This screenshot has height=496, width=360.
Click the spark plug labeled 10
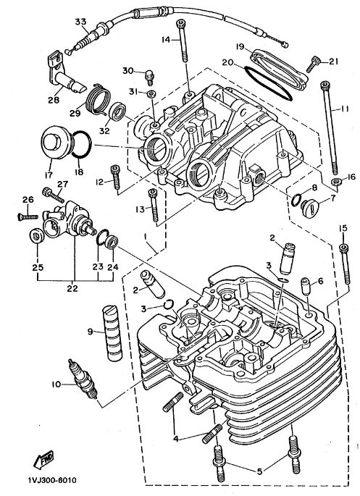[83, 379]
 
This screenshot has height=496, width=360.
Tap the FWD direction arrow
[43, 460]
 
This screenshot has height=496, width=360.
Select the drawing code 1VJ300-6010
[52, 480]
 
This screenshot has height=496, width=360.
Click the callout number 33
[80, 22]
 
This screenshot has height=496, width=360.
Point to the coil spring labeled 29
[99, 99]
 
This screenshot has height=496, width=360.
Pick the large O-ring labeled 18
[81, 144]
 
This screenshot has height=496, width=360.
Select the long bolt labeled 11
[330, 127]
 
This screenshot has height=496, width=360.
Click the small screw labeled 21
[314, 64]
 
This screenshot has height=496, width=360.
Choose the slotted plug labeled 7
[309, 209]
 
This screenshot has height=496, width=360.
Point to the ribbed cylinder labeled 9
[112, 333]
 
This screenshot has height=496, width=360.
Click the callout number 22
[72, 288]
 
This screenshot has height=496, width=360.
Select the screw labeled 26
[28, 217]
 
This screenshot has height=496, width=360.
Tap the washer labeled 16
[336, 182]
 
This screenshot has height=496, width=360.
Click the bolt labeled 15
[345, 264]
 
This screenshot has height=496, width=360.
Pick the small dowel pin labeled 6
[306, 286]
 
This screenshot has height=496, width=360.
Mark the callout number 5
[259, 471]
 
